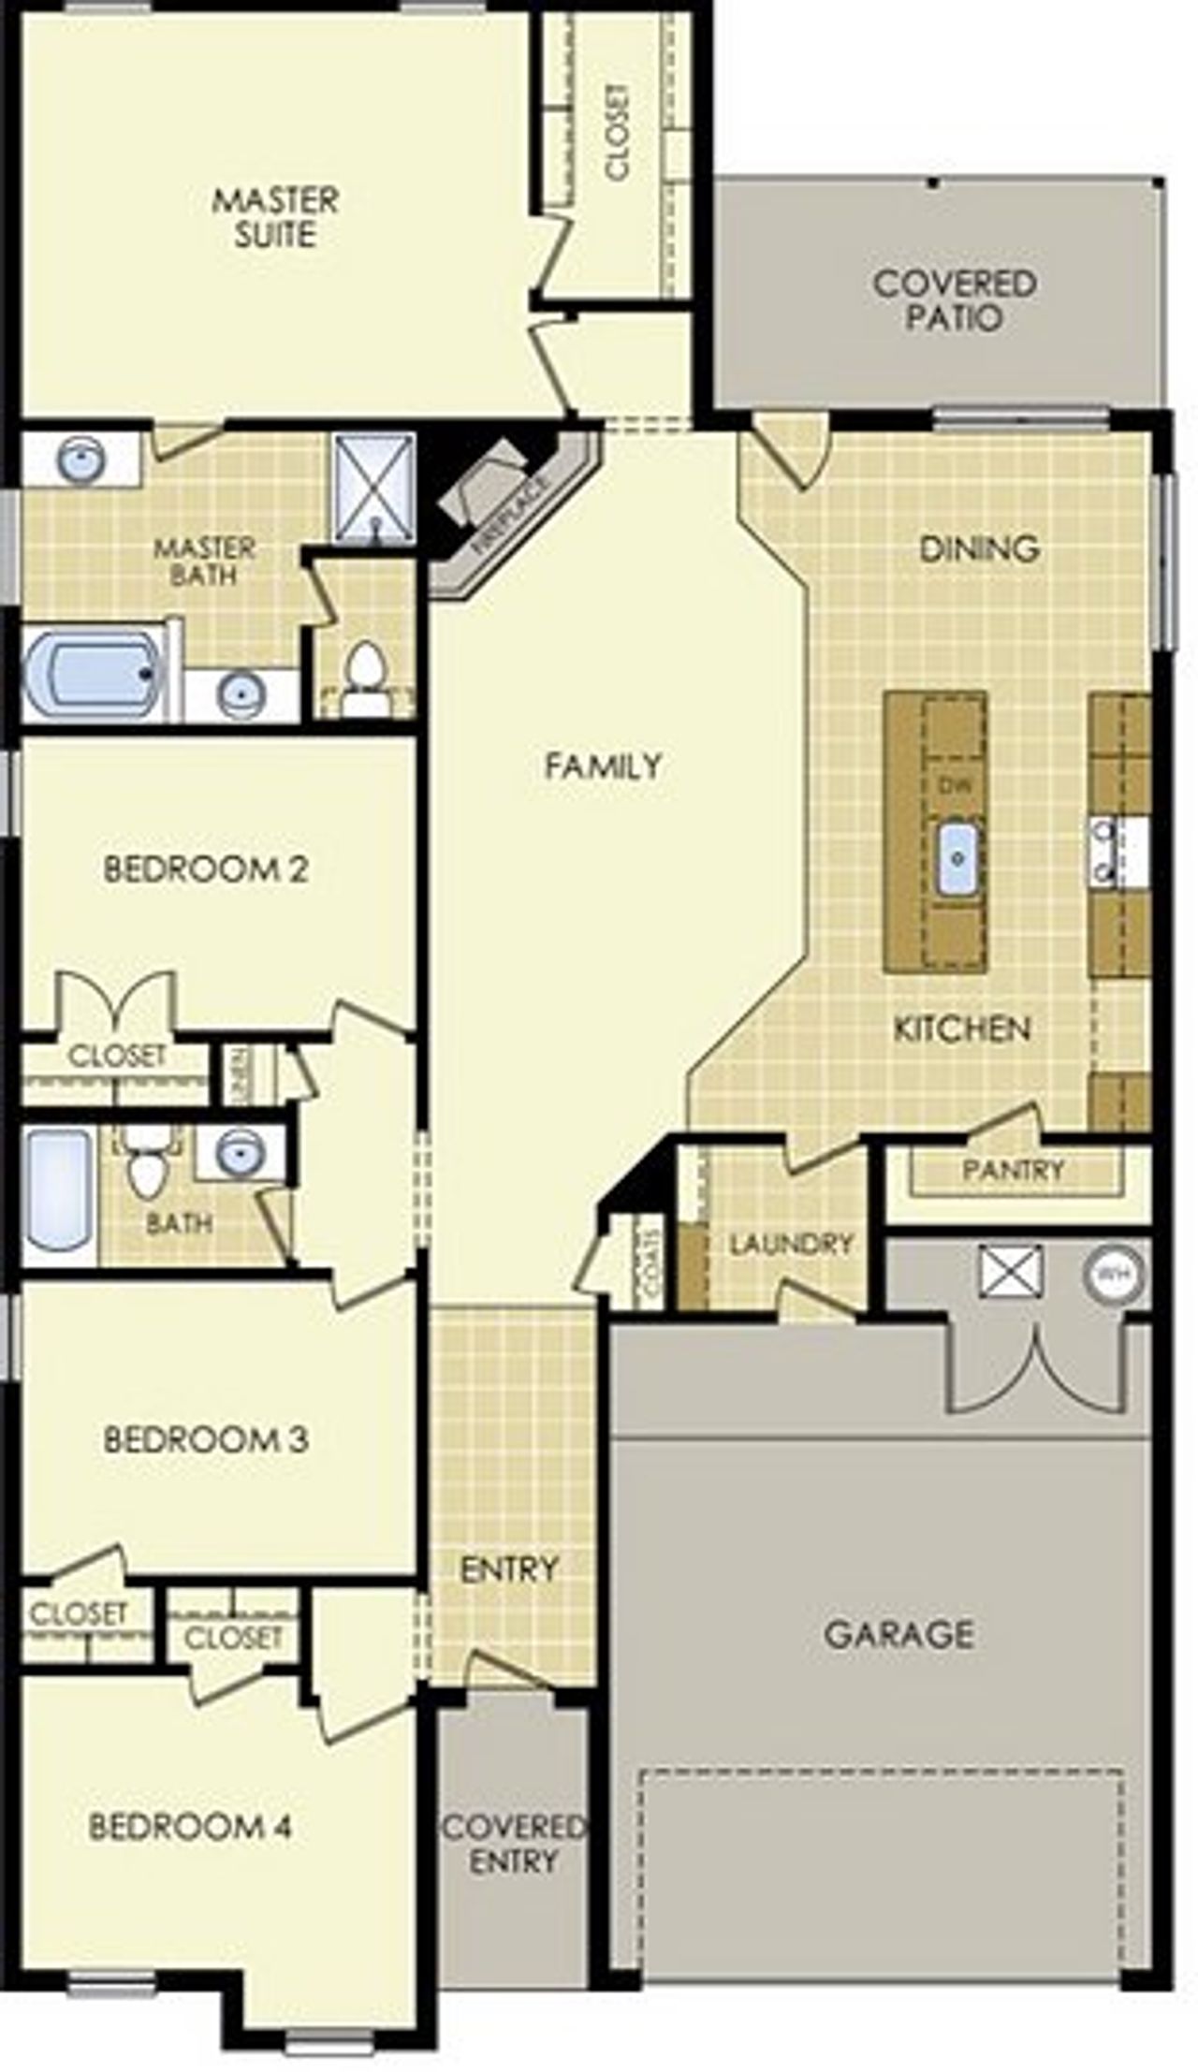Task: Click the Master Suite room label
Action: coord(274,217)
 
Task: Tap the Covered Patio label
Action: coord(954,299)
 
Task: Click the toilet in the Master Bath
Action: coord(364,676)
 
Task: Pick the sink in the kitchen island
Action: coord(957,857)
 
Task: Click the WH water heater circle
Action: coord(1112,1274)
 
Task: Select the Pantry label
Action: coord(1013,1170)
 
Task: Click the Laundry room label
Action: coord(791,1244)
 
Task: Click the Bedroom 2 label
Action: coord(205,869)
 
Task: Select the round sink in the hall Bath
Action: coord(235,1153)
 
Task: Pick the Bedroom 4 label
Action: coord(190,1826)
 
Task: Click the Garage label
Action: coord(898,1634)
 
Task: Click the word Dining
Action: coord(979,547)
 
